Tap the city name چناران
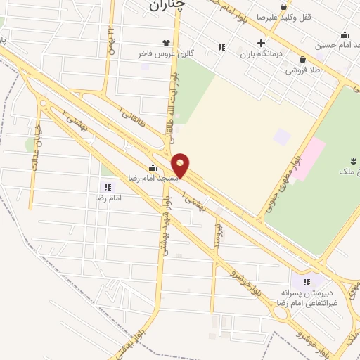tap(170, 6)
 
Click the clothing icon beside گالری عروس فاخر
tap(167, 43)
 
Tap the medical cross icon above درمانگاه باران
tap(261, 43)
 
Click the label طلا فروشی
tap(302, 70)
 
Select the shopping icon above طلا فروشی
tap(302, 60)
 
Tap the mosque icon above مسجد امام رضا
tap(153, 167)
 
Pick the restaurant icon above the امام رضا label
tap(108, 187)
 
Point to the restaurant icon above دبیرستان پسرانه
tap(306, 282)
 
